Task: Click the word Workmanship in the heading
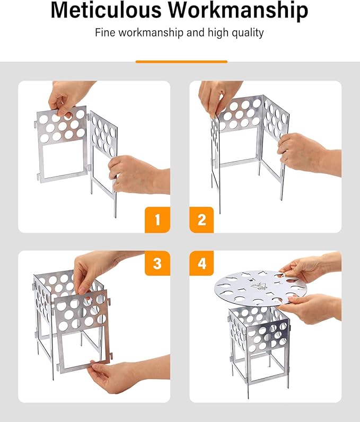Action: tap(239, 11)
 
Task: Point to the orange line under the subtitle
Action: tap(181, 61)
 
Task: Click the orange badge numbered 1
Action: tap(157, 219)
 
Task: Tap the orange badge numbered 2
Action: tap(201, 219)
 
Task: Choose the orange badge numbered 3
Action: tap(157, 263)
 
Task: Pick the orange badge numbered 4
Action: tap(201, 263)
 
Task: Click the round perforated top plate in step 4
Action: tap(260, 287)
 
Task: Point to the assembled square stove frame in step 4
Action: tap(259, 347)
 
